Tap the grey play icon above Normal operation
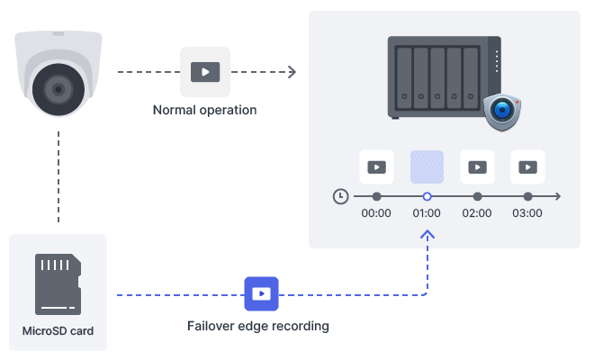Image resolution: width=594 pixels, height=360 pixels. point(205,72)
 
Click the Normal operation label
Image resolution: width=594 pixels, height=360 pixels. point(205,110)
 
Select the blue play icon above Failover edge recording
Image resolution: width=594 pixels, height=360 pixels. point(261,294)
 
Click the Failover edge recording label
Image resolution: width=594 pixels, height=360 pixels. point(257,326)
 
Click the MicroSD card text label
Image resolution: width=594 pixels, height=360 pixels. point(58,331)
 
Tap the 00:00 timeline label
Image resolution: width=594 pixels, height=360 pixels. point(376,214)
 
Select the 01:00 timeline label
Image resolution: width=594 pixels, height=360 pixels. point(427,214)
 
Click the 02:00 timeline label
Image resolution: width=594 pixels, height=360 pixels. point(477,214)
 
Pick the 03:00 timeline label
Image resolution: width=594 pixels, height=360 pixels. point(527,214)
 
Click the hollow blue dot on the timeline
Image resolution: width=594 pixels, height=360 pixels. point(427,195)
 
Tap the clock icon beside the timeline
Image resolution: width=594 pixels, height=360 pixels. point(340,195)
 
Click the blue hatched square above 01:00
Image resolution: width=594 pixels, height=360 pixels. point(427,166)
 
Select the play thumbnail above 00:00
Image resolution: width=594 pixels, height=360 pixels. point(376,166)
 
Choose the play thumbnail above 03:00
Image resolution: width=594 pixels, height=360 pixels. point(527,166)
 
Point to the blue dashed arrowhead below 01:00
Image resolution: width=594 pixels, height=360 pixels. point(427,235)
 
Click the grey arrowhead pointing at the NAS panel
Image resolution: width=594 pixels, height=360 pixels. point(292,72)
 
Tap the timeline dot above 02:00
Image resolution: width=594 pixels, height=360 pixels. point(477,195)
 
